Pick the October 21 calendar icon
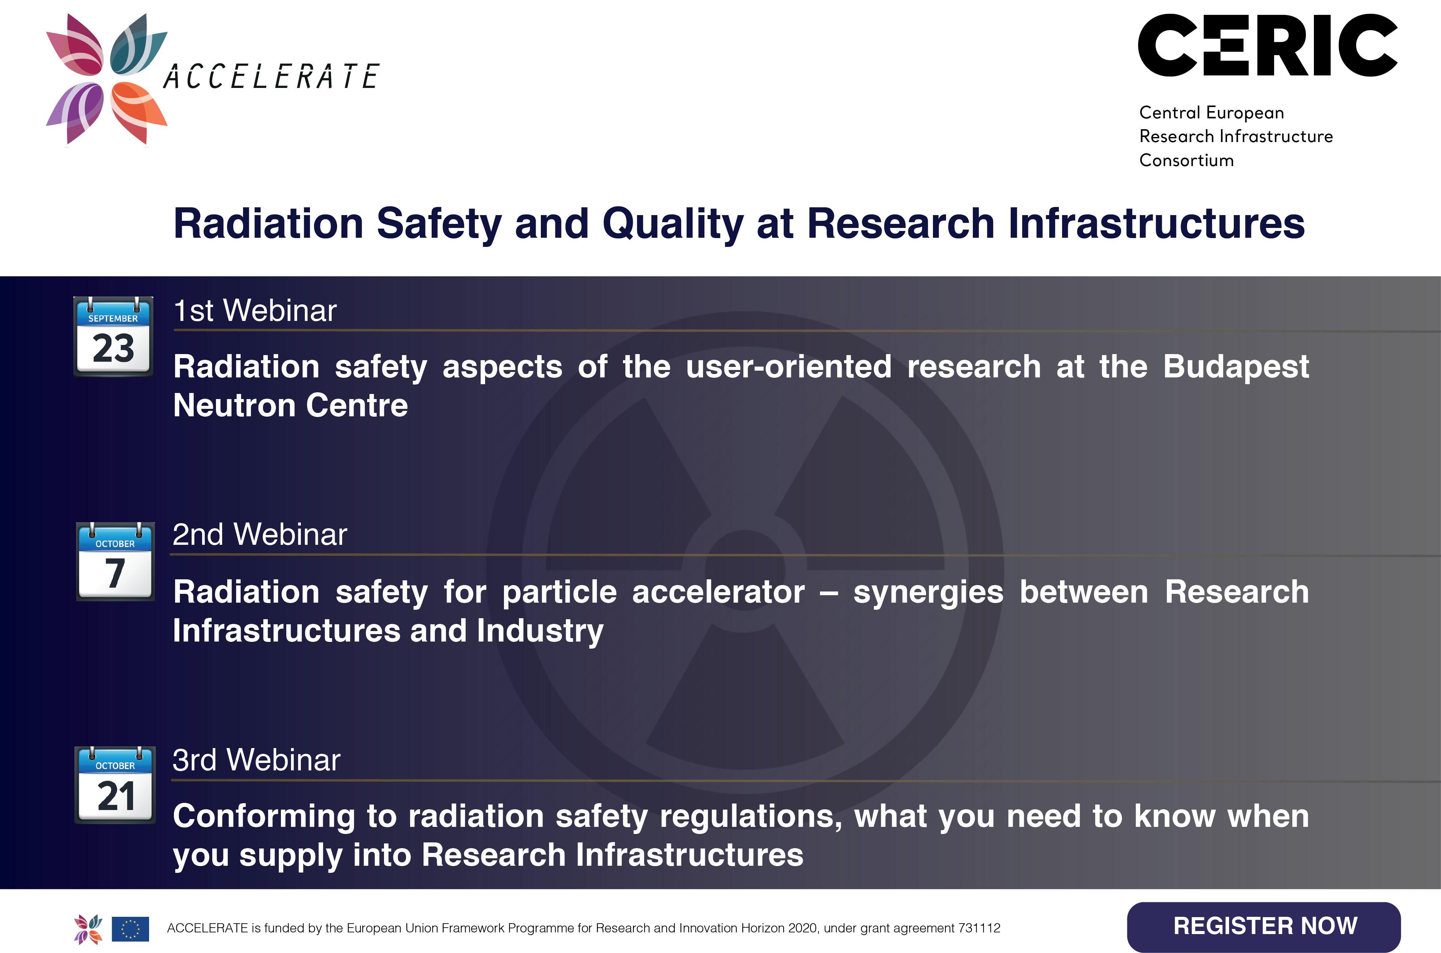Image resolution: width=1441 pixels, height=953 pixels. click(115, 785)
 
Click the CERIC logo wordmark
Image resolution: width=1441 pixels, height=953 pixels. click(1268, 46)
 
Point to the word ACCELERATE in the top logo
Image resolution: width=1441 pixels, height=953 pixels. click(271, 76)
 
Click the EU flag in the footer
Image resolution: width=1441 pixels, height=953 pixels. click(130, 929)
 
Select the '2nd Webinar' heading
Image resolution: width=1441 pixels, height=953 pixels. click(260, 535)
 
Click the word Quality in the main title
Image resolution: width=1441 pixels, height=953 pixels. click(673, 224)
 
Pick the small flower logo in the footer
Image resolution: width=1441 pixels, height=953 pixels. click(88, 929)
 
